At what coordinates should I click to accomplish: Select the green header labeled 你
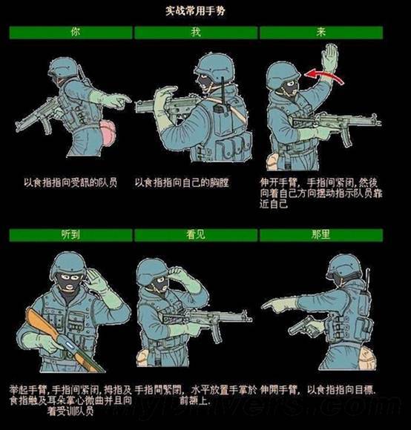point(70,33)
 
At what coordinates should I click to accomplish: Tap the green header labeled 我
point(195,33)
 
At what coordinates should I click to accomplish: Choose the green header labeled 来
point(320,33)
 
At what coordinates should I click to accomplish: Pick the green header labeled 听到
point(70,235)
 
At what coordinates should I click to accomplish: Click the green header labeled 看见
point(195,235)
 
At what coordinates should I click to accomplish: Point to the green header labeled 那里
point(320,235)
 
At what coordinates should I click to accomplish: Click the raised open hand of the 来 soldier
point(329,57)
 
